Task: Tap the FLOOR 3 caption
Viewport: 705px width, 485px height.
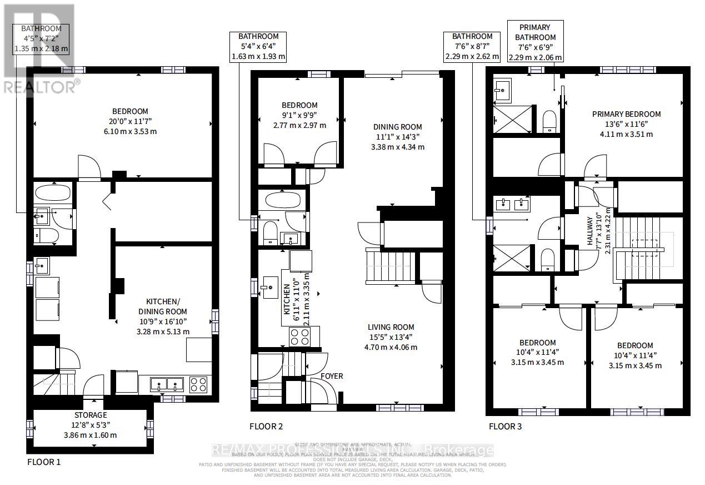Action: [505, 427]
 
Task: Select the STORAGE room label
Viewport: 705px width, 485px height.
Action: [91, 415]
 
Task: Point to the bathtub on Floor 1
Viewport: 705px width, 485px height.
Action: [52, 193]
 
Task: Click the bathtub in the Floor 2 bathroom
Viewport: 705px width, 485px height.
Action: [282, 199]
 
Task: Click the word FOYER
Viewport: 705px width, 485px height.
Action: [331, 376]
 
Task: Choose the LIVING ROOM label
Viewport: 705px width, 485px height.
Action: [392, 327]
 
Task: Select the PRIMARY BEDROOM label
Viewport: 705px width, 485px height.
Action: [626, 114]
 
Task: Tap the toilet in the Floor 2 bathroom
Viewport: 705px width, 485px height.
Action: [270, 232]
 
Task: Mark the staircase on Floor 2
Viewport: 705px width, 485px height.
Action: [390, 267]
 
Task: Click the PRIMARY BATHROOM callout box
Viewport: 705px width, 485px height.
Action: [534, 42]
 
